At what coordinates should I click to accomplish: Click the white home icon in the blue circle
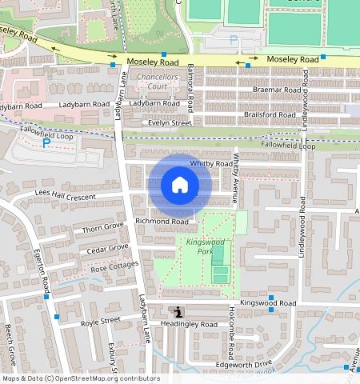coord(180,186)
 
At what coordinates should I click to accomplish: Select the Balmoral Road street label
coord(190,90)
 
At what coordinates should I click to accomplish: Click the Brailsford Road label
coord(270,114)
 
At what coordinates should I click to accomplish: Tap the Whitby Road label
coord(210,164)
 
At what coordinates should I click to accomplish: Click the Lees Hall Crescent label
coord(66,195)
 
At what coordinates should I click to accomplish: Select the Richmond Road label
coord(162,221)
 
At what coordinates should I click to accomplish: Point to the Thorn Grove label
coord(103,229)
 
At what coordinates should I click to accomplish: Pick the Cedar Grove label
coord(107,248)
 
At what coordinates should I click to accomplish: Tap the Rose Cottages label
coord(115,266)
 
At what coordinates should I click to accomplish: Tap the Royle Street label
coord(100,321)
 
